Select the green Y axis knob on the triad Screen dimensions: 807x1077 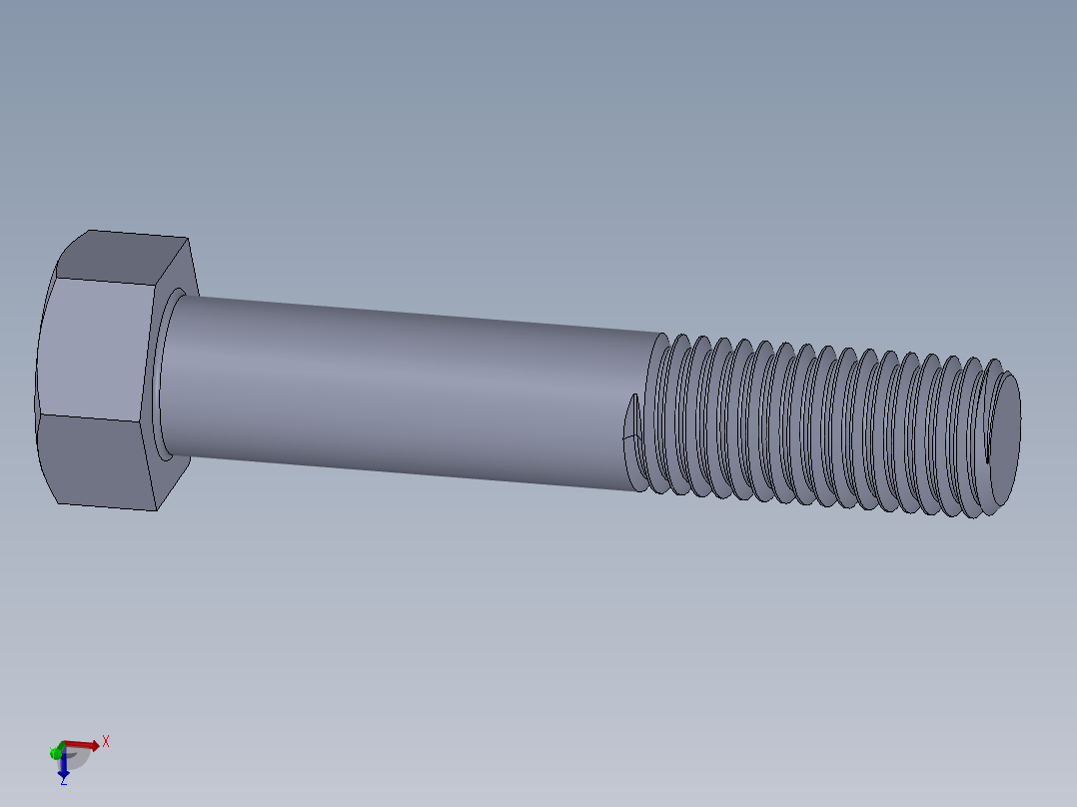pyautogui.click(x=54, y=751)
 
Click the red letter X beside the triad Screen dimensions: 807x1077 pyautogui.click(x=105, y=741)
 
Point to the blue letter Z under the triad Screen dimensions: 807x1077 pyautogui.click(x=63, y=780)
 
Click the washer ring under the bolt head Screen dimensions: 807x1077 pyautogui.click(x=162, y=375)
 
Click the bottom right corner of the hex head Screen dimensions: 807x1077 pyautogui.click(x=157, y=509)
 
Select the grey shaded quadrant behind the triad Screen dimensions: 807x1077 pyautogui.click(x=76, y=756)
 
